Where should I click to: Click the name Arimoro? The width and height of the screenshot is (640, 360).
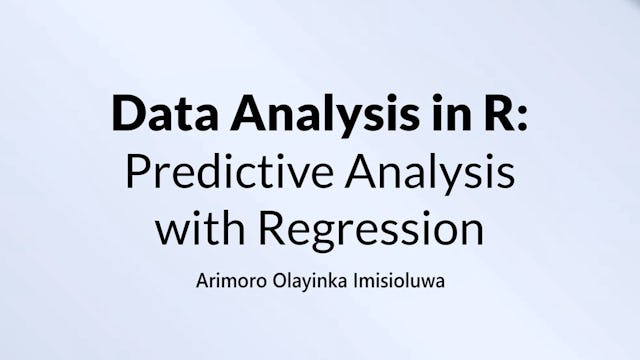[x=231, y=279]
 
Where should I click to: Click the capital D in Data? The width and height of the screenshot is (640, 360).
[x=127, y=114]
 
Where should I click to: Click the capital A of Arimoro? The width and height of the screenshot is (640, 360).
[x=203, y=279]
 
